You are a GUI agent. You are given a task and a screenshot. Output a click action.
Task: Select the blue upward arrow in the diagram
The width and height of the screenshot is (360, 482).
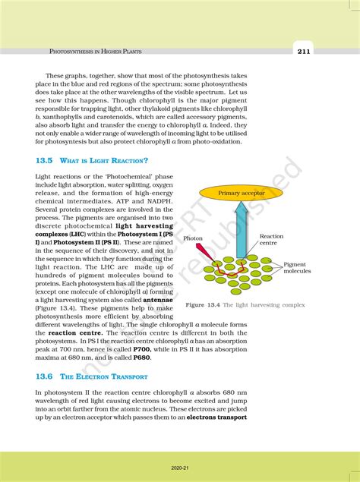(242, 235)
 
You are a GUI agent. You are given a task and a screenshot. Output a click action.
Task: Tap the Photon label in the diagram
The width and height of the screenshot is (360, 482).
(193, 238)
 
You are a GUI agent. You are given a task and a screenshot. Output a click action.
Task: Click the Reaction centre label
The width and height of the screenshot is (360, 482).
(271, 240)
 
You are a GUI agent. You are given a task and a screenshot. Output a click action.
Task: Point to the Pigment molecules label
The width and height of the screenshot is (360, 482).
(298, 268)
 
